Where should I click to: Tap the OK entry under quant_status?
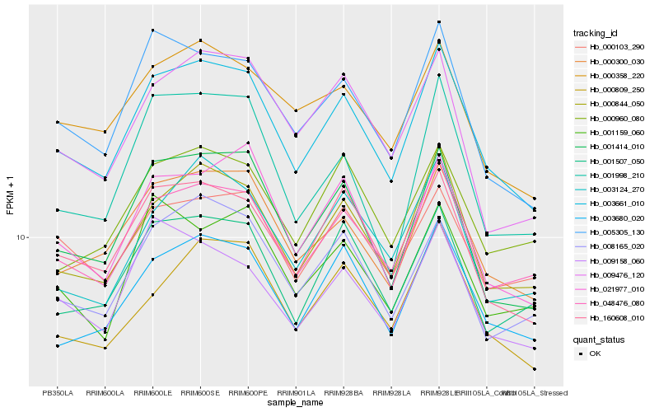pos(596,353)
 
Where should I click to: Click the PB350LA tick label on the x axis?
pos(58,392)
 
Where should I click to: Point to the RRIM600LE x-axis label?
pos(153,392)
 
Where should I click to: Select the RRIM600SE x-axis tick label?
pos(201,392)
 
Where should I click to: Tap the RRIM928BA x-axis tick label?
pos(344,392)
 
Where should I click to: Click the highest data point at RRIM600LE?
pos(153,30)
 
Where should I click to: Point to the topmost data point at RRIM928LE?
pos(439,21)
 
